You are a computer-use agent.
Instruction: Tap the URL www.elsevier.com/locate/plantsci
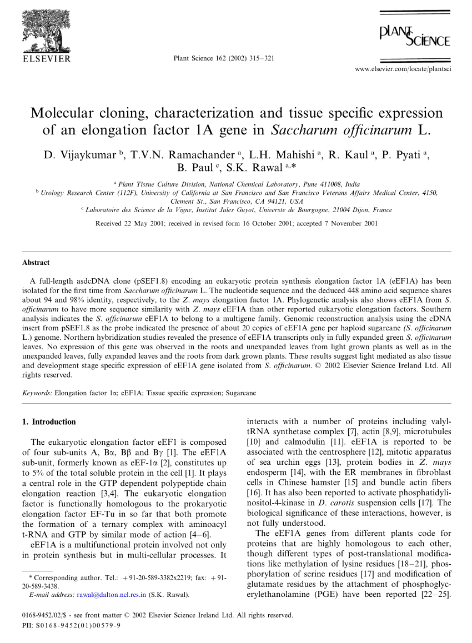coord(402,69)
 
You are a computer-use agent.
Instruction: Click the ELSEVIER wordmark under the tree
coord(46,58)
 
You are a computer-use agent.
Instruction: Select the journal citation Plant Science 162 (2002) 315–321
coord(224,58)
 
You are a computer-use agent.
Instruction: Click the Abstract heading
coord(36,263)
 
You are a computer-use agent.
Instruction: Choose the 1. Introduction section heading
coord(48,422)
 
